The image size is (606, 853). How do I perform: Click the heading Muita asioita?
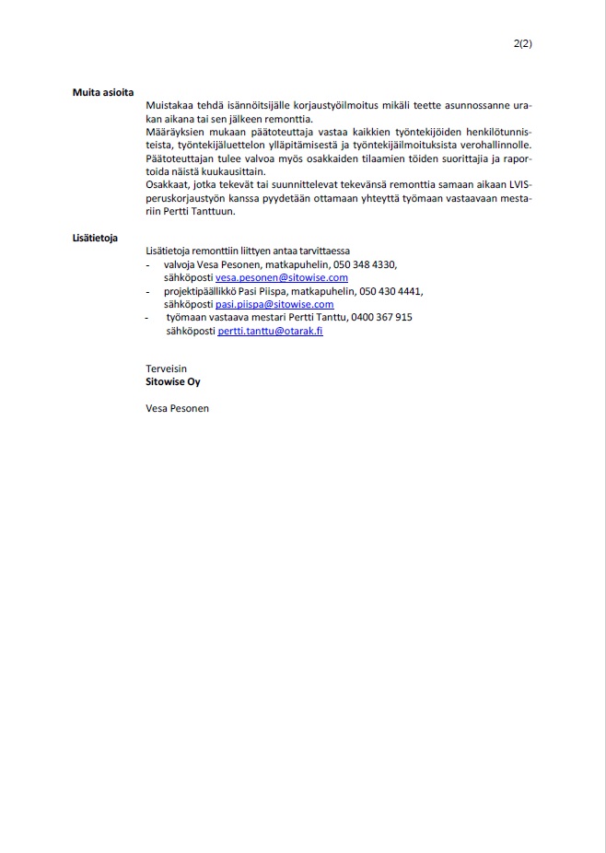click(x=103, y=92)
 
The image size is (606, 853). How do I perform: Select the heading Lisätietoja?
click(x=95, y=238)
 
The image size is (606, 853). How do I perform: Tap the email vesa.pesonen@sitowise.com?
click(x=282, y=277)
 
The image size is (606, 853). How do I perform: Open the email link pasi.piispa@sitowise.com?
click(x=274, y=304)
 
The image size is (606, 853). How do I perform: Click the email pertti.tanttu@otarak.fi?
click(x=271, y=331)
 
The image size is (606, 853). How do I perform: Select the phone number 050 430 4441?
click(x=390, y=291)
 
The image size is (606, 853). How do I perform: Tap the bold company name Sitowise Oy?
click(x=172, y=381)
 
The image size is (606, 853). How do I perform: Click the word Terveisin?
click(x=167, y=368)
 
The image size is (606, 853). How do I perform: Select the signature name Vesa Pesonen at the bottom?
click(x=177, y=408)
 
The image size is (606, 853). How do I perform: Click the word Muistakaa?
click(x=172, y=107)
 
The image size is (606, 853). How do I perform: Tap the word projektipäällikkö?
click(x=202, y=291)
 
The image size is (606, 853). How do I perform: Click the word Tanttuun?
click(x=215, y=211)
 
